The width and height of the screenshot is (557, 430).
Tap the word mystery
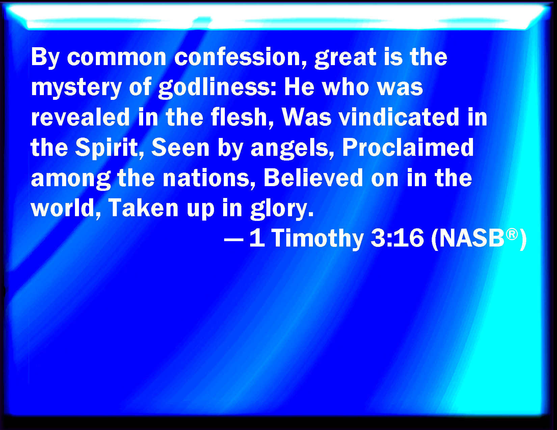click(x=76, y=88)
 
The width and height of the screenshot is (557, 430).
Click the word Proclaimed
click(x=408, y=147)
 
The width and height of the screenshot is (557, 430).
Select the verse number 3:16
click(x=397, y=238)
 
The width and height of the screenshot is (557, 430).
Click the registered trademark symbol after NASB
click(x=511, y=235)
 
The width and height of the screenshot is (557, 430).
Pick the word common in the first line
click(x=116, y=57)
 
